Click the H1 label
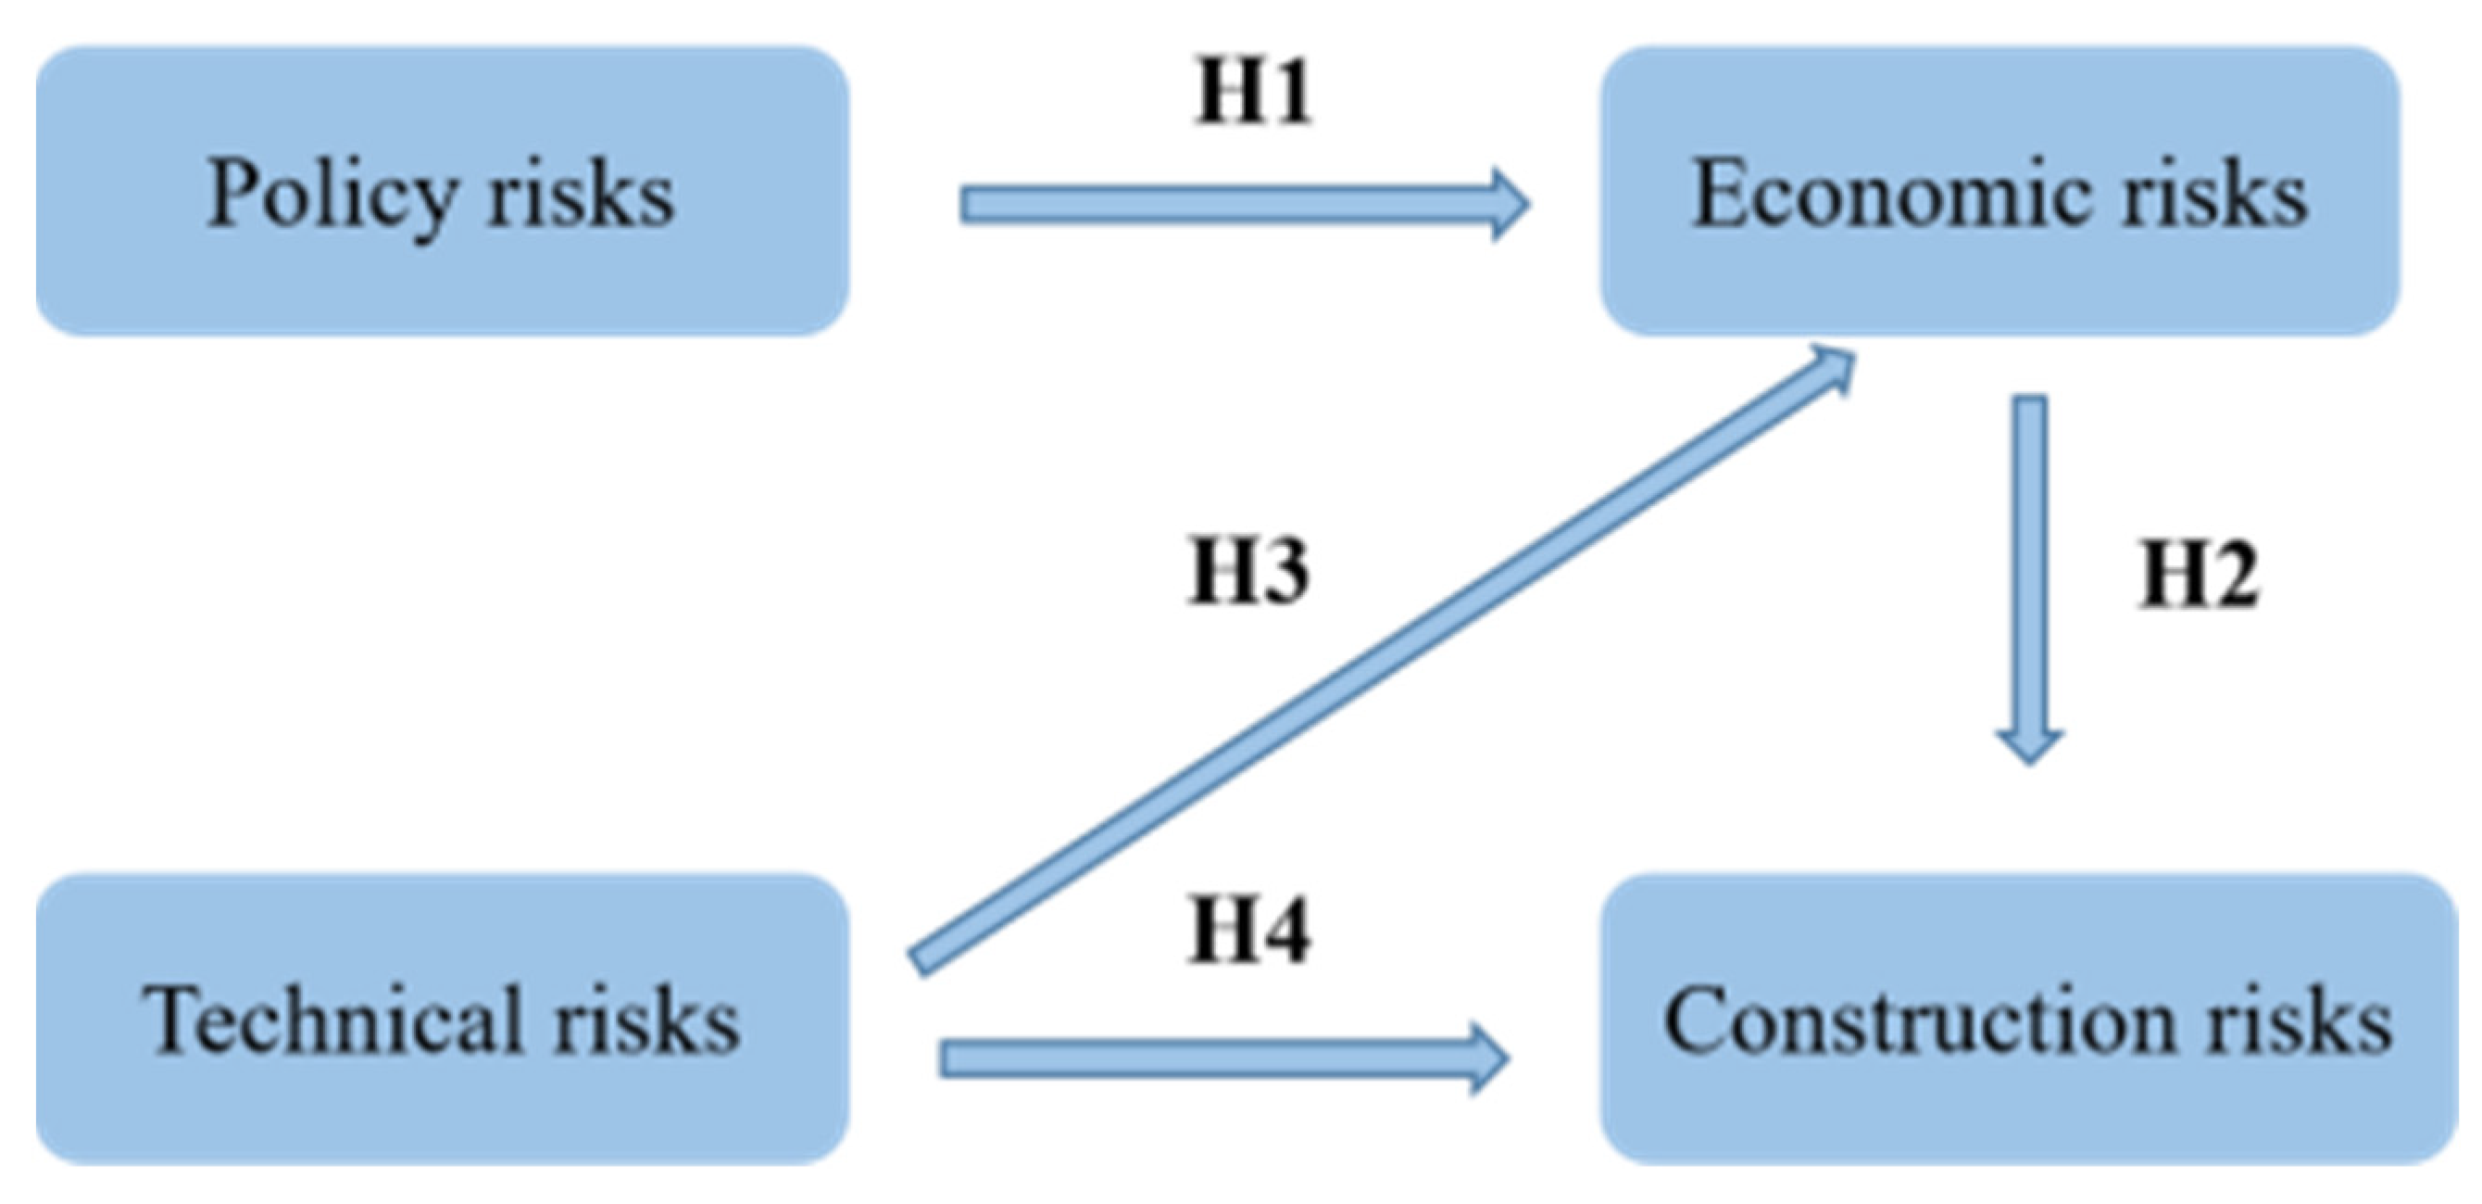pyautogui.click(x=1252, y=92)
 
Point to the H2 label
pyautogui.click(x=2198, y=576)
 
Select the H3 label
pyautogui.click(x=1247, y=572)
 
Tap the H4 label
pyautogui.click(x=1247, y=931)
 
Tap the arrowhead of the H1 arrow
pyautogui.click(x=1508, y=204)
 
